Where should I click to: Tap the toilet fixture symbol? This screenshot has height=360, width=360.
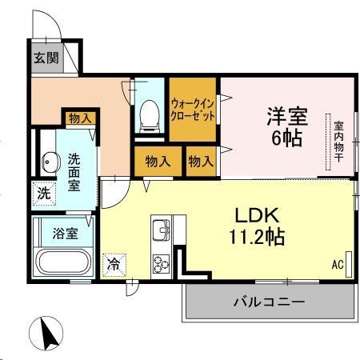pyautogui.click(x=148, y=115)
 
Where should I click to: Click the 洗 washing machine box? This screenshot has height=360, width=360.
pyautogui.click(x=44, y=193)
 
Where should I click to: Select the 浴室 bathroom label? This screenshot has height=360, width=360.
pyautogui.click(x=66, y=234)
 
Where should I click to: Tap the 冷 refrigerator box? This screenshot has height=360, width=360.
pyautogui.click(x=114, y=262)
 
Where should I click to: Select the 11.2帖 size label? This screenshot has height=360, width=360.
pyautogui.click(x=255, y=237)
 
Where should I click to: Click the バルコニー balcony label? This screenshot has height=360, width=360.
pyautogui.click(x=269, y=302)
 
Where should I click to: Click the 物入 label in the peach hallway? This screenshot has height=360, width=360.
pyautogui.click(x=80, y=118)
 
